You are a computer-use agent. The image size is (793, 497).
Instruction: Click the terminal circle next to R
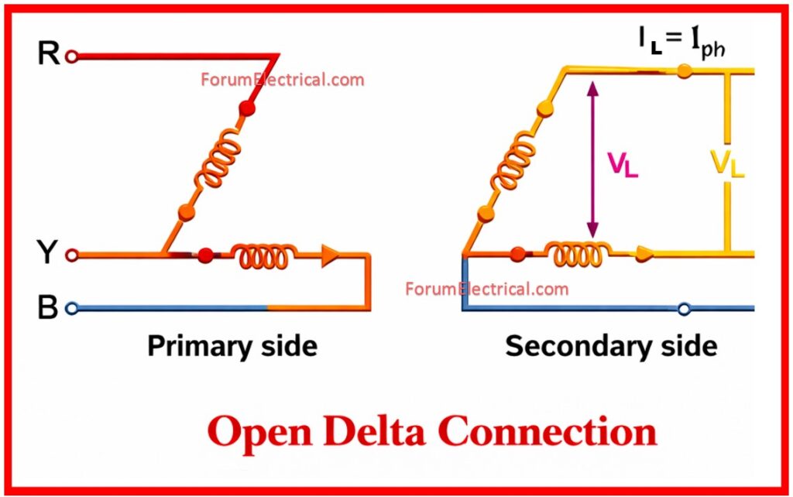tap(71, 57)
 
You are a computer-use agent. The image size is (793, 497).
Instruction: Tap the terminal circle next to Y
tap(71, 254)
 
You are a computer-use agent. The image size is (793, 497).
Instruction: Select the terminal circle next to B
tap(71, 308)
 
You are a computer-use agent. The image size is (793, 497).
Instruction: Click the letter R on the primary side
tap(48, 55)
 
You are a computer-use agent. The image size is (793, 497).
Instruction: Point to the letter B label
tap(48, 308)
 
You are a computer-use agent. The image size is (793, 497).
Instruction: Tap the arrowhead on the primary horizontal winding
tap(330, 255)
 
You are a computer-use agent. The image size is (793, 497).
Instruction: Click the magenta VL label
tap(623, 165)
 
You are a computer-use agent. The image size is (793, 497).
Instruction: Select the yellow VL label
tap(727, 163)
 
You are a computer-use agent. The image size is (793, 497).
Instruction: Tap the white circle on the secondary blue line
tap(683, 309)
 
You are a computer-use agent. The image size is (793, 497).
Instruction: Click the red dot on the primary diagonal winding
tap(247, 108)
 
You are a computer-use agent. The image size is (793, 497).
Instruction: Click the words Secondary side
tap(611, 346)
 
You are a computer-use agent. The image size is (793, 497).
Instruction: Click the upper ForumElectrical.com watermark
tap(282, 80)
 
